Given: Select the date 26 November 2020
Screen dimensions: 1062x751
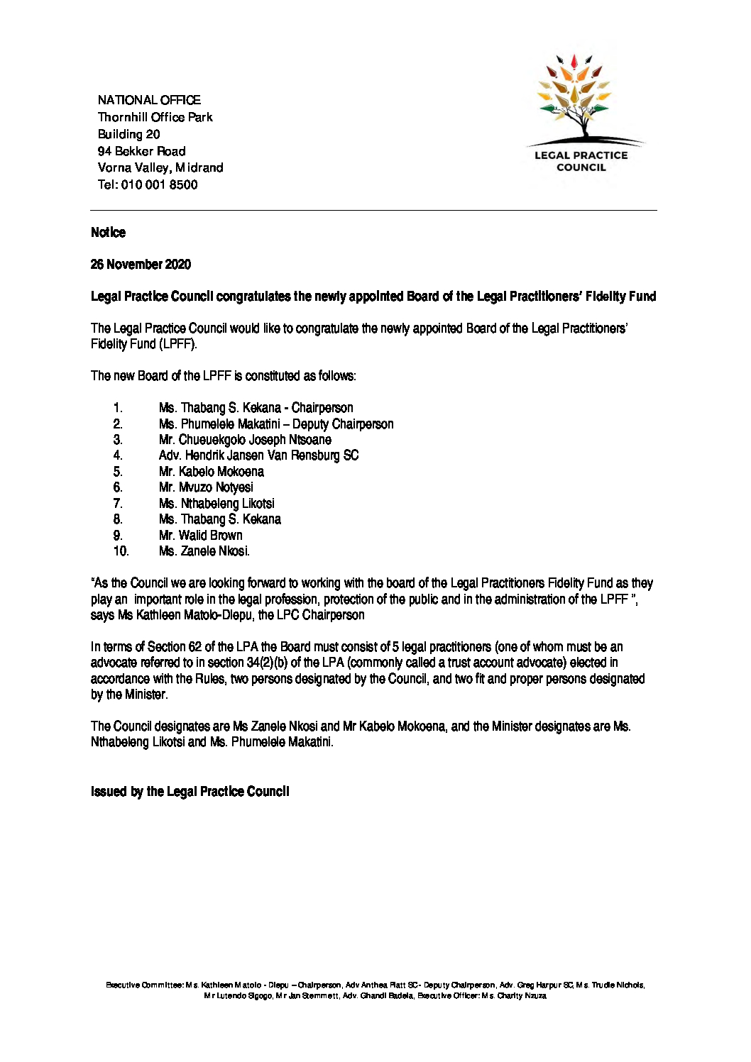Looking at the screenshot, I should (141, 265).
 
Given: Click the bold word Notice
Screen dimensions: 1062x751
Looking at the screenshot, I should (108, 233).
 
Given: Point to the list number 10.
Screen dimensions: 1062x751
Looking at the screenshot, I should (120, 551).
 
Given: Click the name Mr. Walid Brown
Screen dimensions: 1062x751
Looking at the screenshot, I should (201, 536).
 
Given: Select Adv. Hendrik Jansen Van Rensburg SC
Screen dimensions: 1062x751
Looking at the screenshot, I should (258, 455).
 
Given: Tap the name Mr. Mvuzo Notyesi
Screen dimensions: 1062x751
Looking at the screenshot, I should (206, 487).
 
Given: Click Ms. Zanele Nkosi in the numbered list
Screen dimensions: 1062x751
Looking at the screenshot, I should (204, 551).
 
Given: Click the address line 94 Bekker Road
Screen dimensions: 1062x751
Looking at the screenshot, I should (141, 151).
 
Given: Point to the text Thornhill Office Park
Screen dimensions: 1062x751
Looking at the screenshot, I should (155, 117).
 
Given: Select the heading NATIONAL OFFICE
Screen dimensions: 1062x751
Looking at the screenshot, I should (149, 100).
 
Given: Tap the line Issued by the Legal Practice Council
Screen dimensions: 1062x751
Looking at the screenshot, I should (190, 792).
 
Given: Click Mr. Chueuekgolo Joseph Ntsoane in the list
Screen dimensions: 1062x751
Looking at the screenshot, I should (245, 440).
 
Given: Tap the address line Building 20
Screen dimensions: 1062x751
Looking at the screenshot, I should (128, 134).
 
